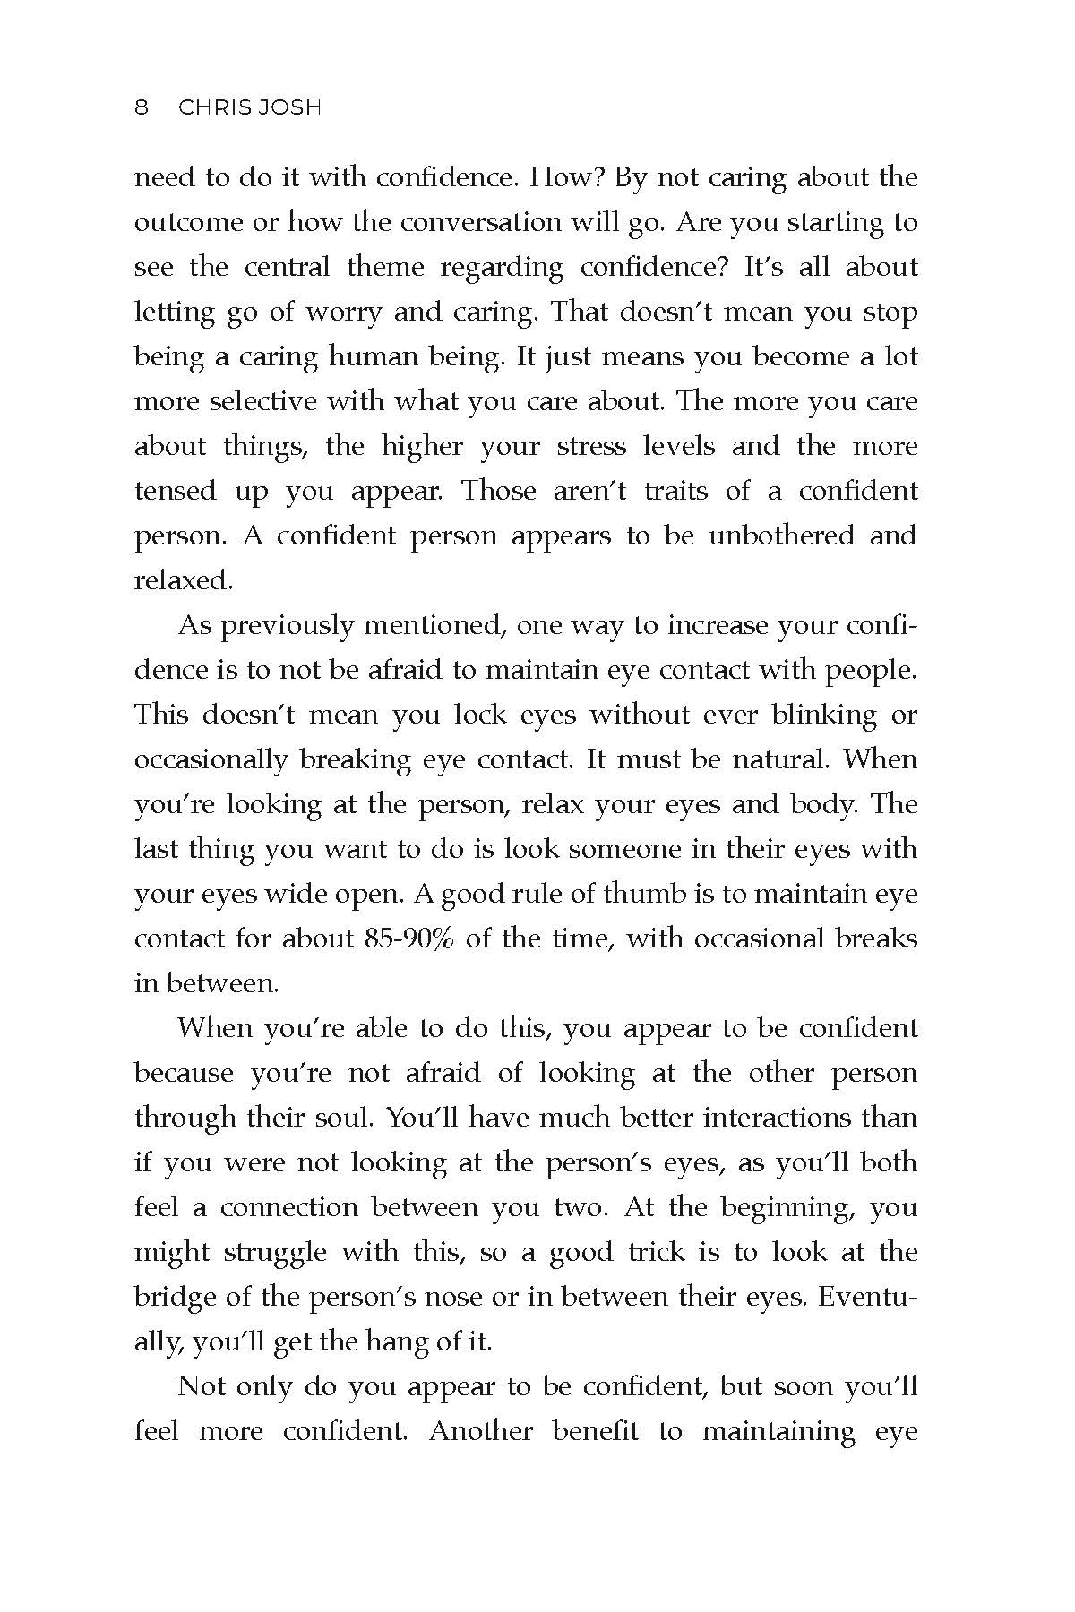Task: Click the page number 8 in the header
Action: pyautogui.click(x=141, y=108)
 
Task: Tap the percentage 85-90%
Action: pyautogui.click(x=408, y=939)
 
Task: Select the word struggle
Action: pyautogui.click(x=274, y=1252)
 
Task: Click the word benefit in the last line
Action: pyautogui.click(x=595, y=1431)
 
